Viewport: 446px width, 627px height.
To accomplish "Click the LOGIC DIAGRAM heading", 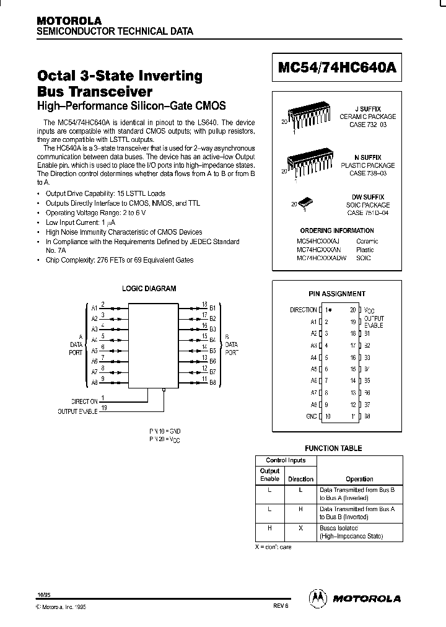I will pyautogui.click(x=149, y=288).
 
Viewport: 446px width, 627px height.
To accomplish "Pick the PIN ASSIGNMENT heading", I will pyautogui.click(x=337, y=294).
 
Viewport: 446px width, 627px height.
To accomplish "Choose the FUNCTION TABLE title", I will pyautogui.click(x=334, y=448).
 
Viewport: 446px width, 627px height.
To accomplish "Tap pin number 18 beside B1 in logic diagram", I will pyautogui.click(x=204, y=304).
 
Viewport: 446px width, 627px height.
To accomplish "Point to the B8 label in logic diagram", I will pyautogui.click(x=212, y=383).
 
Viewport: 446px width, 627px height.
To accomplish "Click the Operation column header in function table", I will pyautogui.click(x=359, y=479).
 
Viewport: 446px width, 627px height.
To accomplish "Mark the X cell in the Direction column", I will pyautogui.click(x=300, y=528).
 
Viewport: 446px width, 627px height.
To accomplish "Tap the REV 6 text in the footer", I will pyautogui.click(x=279, y=607).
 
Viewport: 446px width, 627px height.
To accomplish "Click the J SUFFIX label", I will pyautogui.click(x=372, y=108).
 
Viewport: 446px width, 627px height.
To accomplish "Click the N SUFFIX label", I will pyautogui.click(x=372, y=158).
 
